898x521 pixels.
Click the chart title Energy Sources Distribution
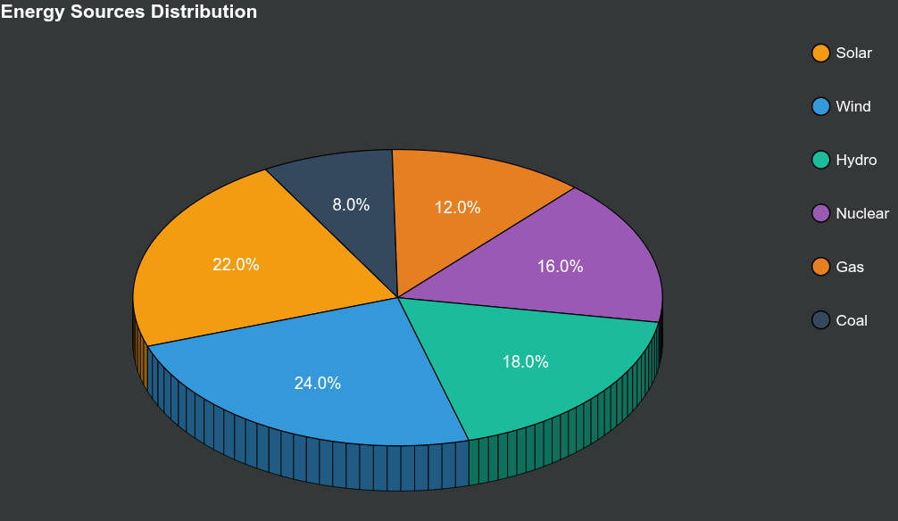pos(129,12)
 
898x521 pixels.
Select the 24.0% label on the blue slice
pos(318,383)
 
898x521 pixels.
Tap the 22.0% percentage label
pos(236,264)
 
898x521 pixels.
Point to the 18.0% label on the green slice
pos(525,361)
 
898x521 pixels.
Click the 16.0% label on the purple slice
pos(560,266)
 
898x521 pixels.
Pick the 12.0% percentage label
pos(457,207)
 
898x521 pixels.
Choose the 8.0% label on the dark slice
pos(351,204)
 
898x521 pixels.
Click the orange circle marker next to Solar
pos(821,53)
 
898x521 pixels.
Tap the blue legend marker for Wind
pos(821,106)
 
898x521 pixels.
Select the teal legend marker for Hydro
pos(821,160)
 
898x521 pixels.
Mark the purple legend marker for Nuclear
pos(821,213)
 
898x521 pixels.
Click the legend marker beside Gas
pos(821,267)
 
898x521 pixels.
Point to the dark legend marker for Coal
pos(821,320)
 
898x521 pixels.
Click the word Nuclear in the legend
pos(862,213)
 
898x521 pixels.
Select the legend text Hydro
pos(856,160)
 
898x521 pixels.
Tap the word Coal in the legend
pos(852,320)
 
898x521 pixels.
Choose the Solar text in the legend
pos(853,53)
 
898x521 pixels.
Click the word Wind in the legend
pos(852,106)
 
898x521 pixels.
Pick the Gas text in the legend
pos(850,267)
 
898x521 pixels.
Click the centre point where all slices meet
pos(397,298)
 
